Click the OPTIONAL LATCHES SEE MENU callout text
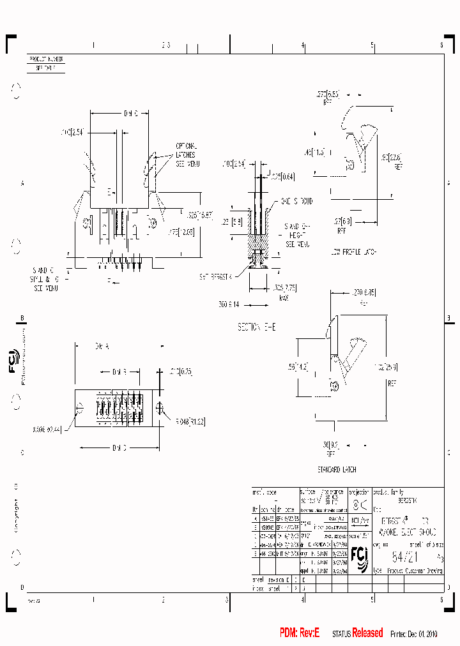186,155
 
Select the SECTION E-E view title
257,326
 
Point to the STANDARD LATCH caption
342,469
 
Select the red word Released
367,633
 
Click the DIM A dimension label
103,345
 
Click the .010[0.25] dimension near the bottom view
181,371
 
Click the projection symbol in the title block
360,505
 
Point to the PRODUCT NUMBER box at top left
47,59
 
